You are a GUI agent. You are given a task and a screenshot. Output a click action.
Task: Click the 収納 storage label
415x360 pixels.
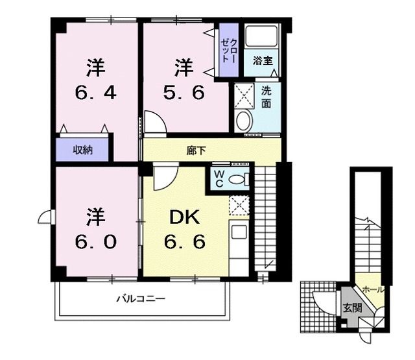tap(82, 150)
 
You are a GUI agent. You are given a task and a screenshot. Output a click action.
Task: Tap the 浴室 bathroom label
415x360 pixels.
tap(263, 61)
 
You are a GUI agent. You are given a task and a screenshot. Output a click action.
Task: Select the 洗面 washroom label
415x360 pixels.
tap(267, 96)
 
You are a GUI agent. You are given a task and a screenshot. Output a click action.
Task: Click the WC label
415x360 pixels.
tap(218, 177)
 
